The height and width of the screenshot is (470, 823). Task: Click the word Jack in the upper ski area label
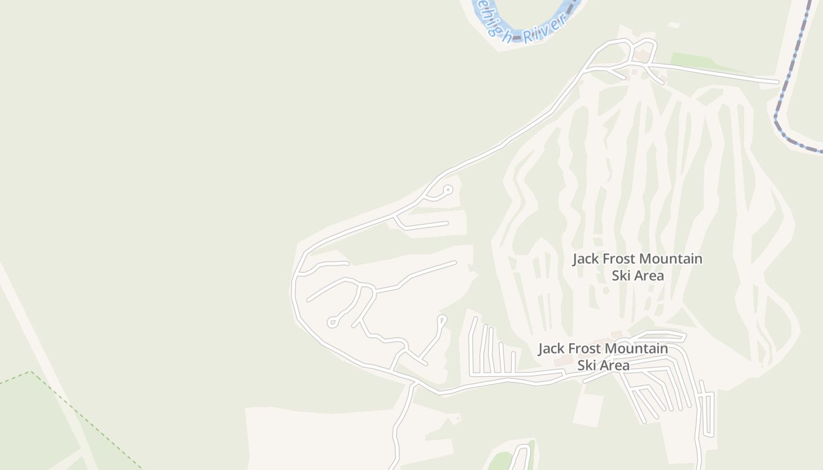click(x=587, y=259)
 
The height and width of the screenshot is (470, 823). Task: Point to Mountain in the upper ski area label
click(x=670, y=259)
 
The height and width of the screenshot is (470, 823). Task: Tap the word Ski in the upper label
click(x=622, y=276)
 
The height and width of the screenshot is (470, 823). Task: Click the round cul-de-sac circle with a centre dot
click(x=447, y=189)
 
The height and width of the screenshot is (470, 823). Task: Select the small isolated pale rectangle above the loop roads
click(x=674, y=25)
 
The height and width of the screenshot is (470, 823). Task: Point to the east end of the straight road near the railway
click(x=777, y=81)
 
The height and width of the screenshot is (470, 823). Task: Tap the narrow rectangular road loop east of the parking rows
click(x=705, y=414)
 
